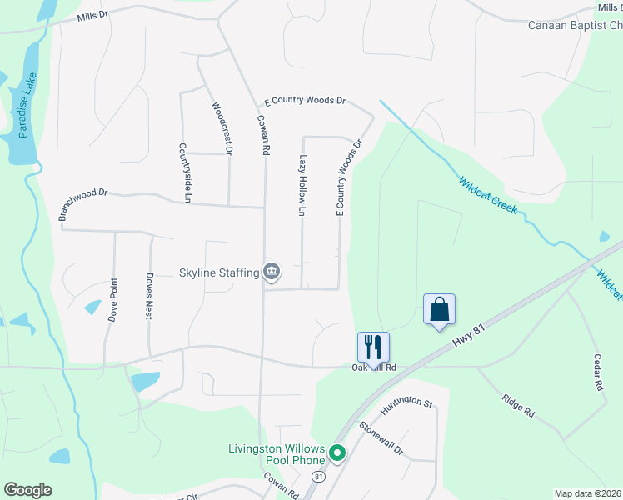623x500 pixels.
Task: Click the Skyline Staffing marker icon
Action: [x=272, y=272]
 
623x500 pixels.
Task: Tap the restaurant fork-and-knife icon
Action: [x=373, y=345]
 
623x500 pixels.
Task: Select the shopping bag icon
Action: [x=439, y=309]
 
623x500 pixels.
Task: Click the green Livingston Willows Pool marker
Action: [x=336, y=454]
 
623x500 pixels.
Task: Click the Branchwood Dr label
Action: [x=83, y=203]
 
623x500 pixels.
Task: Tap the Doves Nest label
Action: [x=149, y=297]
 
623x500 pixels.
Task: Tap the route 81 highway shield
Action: [x=318, y=476]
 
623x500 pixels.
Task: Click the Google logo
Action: [x=27, y=490]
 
